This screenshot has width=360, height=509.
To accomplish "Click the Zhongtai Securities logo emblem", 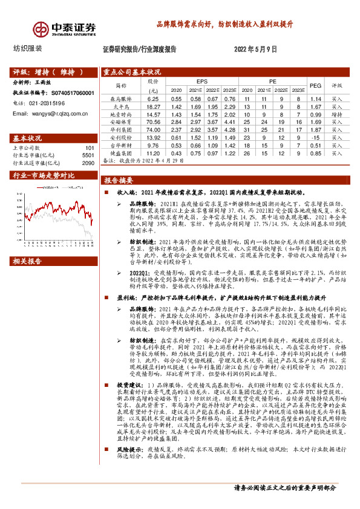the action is point(41,29).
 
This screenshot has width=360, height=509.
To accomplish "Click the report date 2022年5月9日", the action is point(254,49).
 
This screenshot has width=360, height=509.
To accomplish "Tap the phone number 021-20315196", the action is point(53,103).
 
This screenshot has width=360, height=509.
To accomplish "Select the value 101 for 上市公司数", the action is point(90,148).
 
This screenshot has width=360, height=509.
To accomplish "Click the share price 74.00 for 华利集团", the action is point(152,129).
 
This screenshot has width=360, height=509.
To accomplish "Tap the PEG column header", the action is point(314,85).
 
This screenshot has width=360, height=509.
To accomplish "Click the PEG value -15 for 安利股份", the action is point(314,137).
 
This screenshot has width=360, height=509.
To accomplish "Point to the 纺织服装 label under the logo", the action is point(27,48).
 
